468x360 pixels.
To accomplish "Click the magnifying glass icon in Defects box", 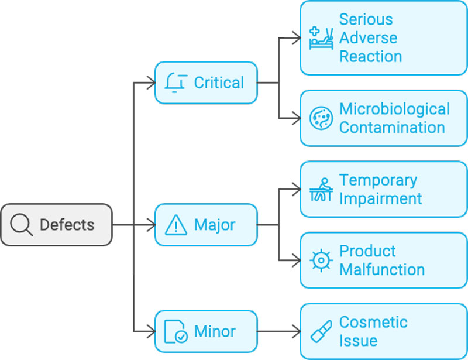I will pyautogui.click(x=22, y=225).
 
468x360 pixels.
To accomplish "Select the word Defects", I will pyautogui.click(x=67, y=225).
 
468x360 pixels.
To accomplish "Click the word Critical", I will pyautogui.click(x=219, y=83).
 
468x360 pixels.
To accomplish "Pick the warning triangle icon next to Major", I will pyautogui.click(x=176, y=225).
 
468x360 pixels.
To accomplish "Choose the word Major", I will pyautogui.click(x=215, y=225).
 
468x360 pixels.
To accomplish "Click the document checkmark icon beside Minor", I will pyautogui.click(x=176, y=331).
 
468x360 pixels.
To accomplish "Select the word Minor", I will pyautogui.click(x=215, y=331).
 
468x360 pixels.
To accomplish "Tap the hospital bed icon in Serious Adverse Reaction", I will pyautogui.click(x=321, y=38).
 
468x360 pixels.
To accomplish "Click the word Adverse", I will pyautogui.click(x=368, y=38).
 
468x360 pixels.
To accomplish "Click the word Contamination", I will pyautogui.click(x=392, y=128).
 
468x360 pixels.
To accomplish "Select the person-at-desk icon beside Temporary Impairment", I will pyautogui.click(x=321, y=189).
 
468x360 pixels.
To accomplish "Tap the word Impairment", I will pyautogui.click(x=380, y=198).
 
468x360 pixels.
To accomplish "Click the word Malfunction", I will pyautogui.click(x=381, y=270).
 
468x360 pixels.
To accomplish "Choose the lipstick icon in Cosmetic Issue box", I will pyautogui.click(x=321, y=331).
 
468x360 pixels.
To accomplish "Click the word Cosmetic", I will pyautogui.click(x=373, y=322).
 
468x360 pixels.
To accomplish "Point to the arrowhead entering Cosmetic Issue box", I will pyautogui.click(x=297, y=331).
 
